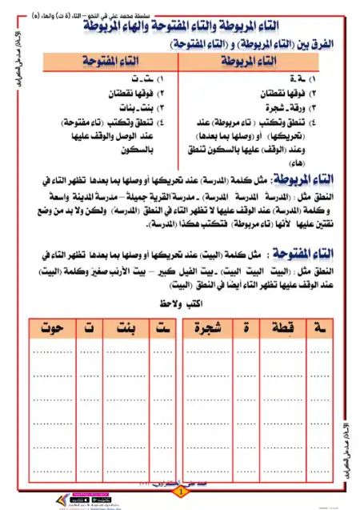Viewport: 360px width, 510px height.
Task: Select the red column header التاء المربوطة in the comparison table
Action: click(x=261, y=61)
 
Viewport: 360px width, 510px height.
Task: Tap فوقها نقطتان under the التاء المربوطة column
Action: click(x=279, y=93)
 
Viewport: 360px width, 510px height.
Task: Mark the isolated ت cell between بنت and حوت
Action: click(x=82, y=327)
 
